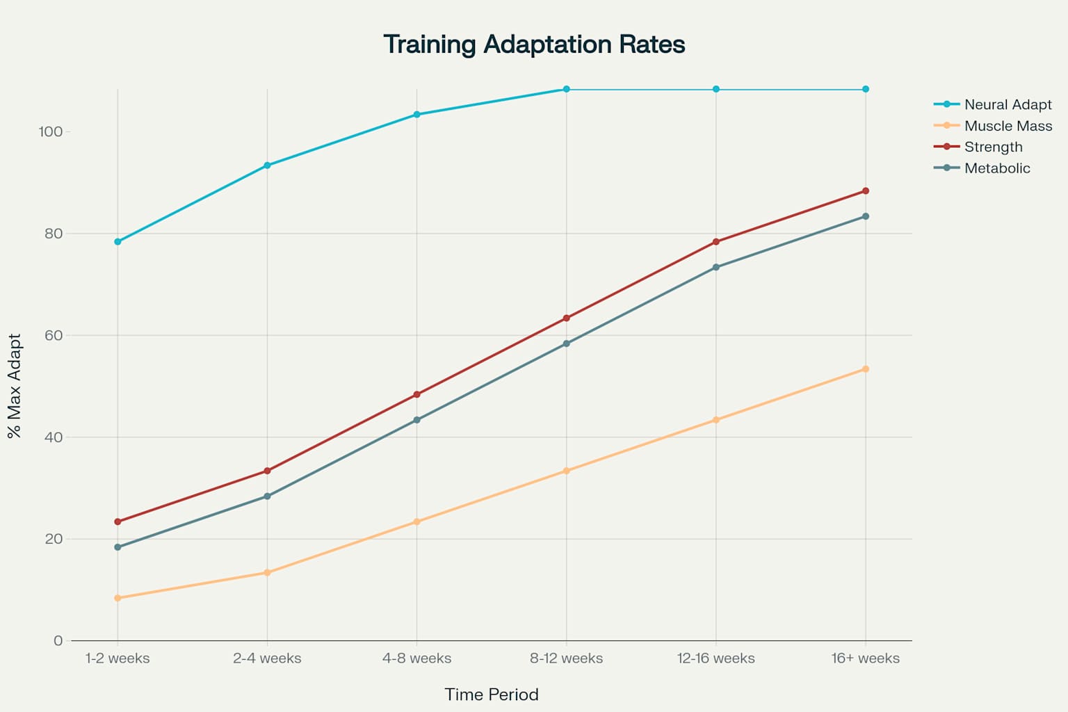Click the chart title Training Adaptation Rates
pos(534,44)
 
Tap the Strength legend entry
pos(993,147)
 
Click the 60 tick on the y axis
pos(54,335)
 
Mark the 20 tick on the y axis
pos(54,539)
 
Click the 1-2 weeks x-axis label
pos(118,658)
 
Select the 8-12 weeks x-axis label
pos(566,658)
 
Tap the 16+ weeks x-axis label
pos(865,658)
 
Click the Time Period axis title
pos(492,695)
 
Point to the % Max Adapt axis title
pos(15,386)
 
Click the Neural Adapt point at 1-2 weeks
pos(118,242)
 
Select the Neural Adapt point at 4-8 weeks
pos(416,114)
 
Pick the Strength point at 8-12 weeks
pos(566,318)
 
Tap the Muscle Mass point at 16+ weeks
pos(865,369)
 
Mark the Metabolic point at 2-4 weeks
pos(267,496)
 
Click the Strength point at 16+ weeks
pos(865,191)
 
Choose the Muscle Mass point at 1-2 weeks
pos(118,598)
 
